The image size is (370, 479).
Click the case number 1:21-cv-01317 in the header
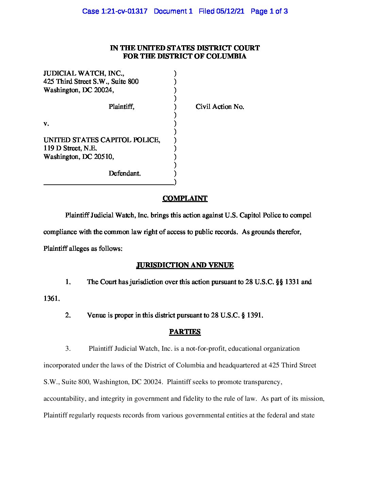click(124, 11)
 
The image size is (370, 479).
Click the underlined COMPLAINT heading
click(185, 198)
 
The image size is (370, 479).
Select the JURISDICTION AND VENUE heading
click(185, 265)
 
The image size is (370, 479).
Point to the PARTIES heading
click(185, 332)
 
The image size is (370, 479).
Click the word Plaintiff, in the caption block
click(121, 106)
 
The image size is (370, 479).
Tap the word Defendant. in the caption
click(124, 173)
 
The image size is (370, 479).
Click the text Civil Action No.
click(220, 106)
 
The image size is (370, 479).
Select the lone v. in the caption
click(46, 123)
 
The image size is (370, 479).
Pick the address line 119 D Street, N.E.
click(70, 148)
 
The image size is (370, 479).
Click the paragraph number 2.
click(68, 315)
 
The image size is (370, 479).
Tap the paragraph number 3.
click(68, 348)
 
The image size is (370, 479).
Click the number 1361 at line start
click(51, 298)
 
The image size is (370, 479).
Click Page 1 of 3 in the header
click(269, 11)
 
